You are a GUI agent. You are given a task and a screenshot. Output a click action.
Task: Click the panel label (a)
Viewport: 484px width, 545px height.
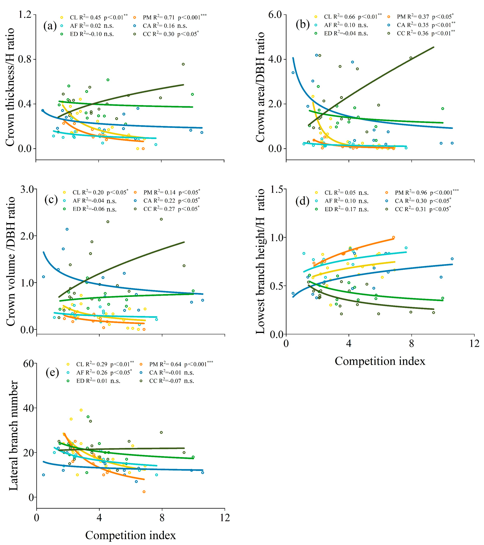click(50, 26)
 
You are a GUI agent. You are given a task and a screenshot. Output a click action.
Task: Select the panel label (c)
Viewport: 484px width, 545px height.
click(51, 199)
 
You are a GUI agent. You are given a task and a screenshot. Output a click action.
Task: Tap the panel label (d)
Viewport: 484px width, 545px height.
click(302, 201)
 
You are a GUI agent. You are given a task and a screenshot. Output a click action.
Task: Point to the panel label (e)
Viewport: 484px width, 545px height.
click(52, 372)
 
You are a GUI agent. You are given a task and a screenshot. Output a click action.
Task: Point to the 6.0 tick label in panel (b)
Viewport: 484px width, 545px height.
click(275, 15)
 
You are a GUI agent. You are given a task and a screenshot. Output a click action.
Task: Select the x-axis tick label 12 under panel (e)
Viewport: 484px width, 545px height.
click(225, 518)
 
